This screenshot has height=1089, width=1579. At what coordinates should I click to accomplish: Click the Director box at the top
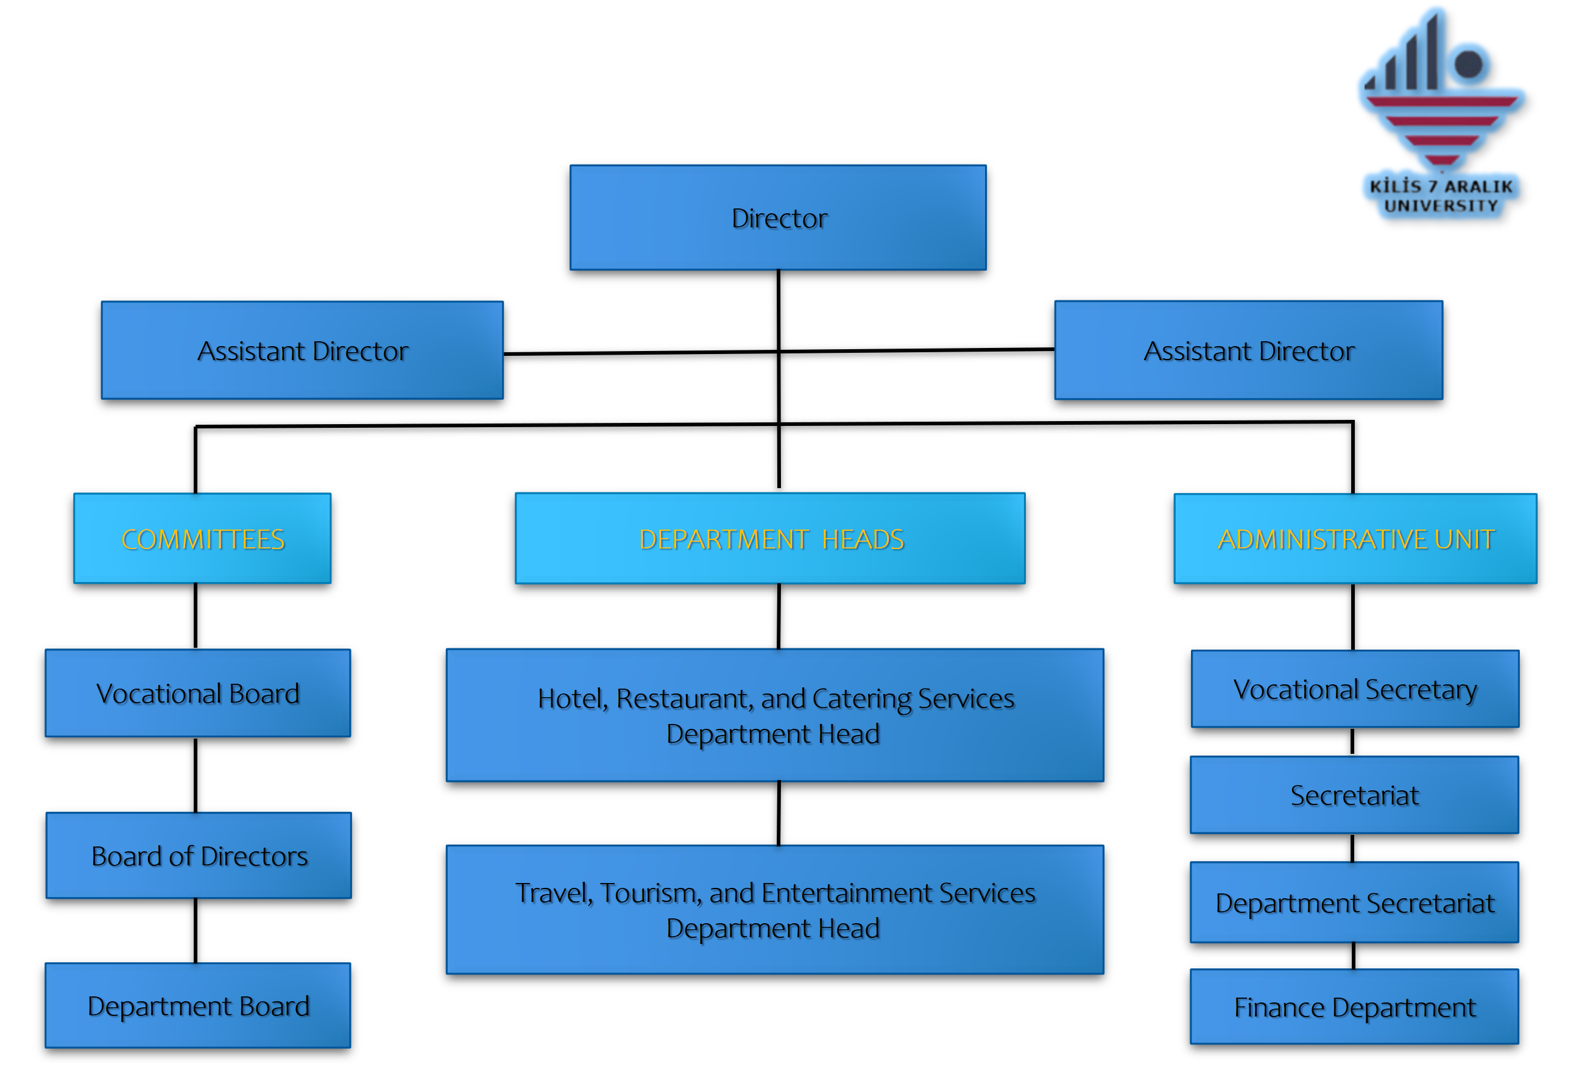pyautogui.click(x=777, y=218)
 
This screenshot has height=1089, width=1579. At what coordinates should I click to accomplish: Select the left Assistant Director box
pyautogui.click(x=302, y=350)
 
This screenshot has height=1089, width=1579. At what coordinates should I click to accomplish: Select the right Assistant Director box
pyautogui.click(x=1248, y=350)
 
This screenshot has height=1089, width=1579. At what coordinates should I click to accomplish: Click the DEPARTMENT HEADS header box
pyautogui.click(x=769, y=538)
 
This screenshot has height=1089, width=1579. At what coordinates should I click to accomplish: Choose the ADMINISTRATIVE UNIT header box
pyautogui.click(x=1355, y=538)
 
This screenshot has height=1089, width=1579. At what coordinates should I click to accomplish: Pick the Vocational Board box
pyautogui.click(x=198, y=692)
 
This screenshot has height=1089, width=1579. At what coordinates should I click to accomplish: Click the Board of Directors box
pyautogui.click(x=199, y=855)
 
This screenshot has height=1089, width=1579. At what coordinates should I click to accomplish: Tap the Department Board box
pyautogui.click(x=198, y=1005)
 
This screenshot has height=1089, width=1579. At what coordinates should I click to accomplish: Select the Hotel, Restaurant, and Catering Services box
pyautogui.click(x=774, y=714)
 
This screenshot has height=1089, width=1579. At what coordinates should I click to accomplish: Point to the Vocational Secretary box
pyautogui.click(x=1354, y=689)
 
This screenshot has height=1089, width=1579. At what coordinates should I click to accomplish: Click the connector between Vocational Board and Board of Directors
pyautogui.click(x=195, y=775)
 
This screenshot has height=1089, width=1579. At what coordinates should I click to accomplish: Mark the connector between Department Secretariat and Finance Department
pyautogui.click(x=1352, y=956)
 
